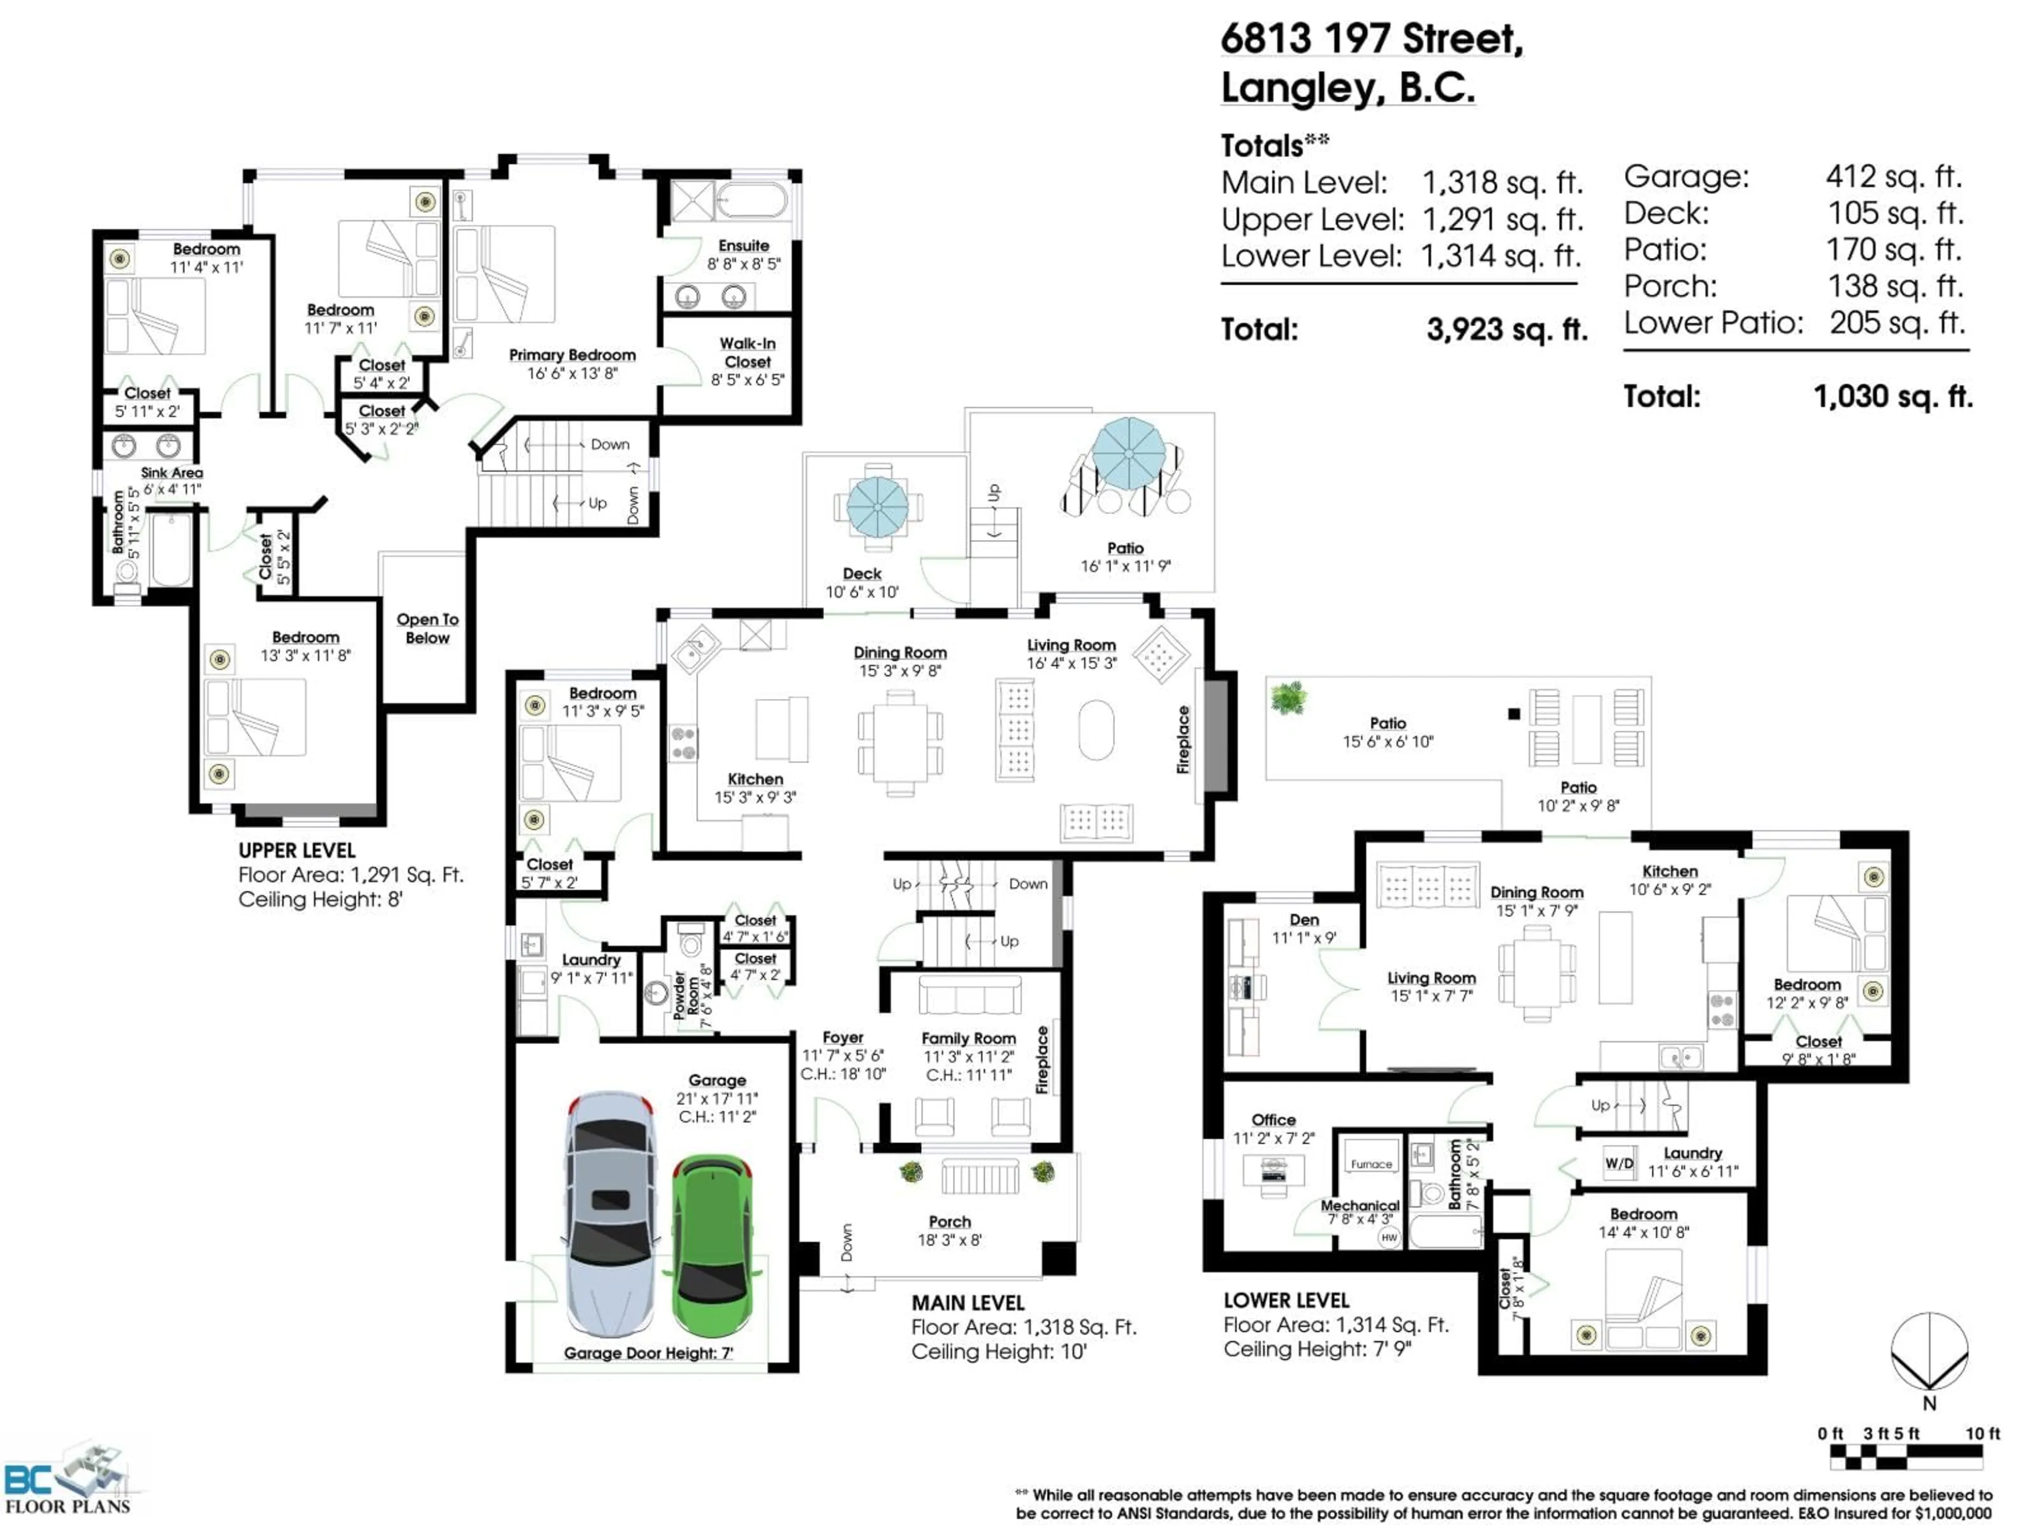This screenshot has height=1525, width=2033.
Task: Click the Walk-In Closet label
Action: (x=747, y=352)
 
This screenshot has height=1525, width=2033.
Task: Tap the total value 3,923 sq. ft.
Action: (x=1506, y=329)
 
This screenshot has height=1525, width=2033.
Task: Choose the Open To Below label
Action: (x=427, y=628)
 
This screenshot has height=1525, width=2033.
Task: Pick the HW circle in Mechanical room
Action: (x=1389, y=1237)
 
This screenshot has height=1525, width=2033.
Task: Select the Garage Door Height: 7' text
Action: (x=648, y=1352)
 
